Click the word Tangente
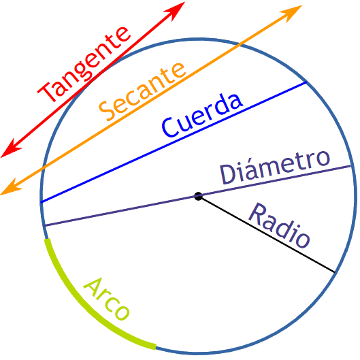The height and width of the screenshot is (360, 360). [84, 64]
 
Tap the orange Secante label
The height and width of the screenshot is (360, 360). [142, 91]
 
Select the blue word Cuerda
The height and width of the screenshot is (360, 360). [202, 115]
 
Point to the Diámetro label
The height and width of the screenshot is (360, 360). [275, 167]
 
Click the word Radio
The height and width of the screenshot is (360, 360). [279, 225]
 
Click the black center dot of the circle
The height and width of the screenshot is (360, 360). [198, 197]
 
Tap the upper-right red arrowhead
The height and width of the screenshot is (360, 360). [177, 10]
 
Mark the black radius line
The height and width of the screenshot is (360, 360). [266, 234]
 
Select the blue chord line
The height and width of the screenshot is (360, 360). [174, 142]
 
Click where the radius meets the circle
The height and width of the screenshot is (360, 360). [335, 272]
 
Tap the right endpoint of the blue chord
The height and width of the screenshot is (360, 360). [306, 82]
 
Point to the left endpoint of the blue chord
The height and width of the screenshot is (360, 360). [41, 203]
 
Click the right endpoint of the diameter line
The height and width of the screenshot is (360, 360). [350, 165]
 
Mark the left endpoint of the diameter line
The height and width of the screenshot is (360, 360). [45, 226]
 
